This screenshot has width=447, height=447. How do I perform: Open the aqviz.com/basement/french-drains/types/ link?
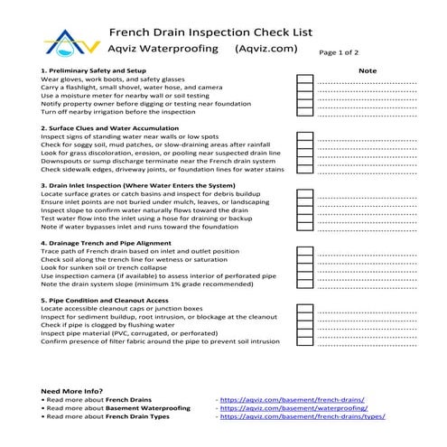coord(302,417)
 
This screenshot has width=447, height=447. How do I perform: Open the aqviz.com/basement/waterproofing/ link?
coord(295,408)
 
